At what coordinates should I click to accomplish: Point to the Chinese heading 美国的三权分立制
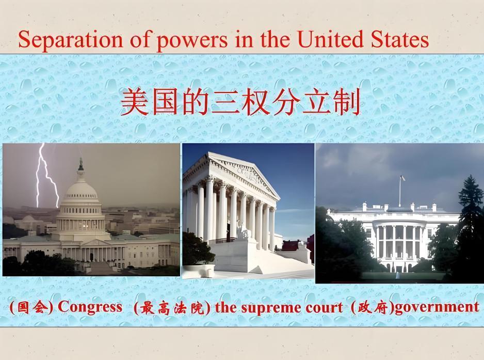240,102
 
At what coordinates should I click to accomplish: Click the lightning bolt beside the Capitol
44,176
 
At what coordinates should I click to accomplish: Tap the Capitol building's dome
80,194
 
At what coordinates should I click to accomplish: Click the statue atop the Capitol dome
80,164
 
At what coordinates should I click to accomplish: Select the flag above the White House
402,178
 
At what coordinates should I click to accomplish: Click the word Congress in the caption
90,307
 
